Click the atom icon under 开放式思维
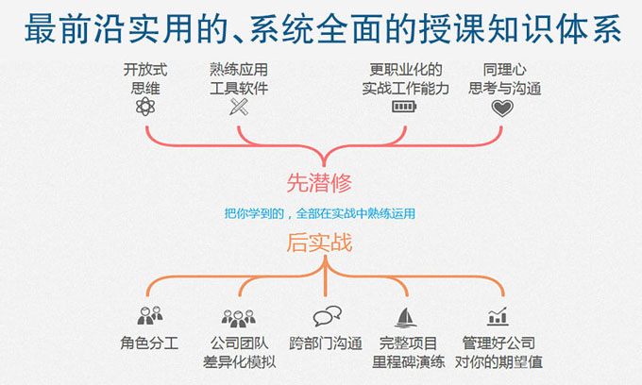145,107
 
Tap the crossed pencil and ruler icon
239,107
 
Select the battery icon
404,107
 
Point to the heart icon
502,108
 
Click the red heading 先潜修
319,183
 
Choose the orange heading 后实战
319,243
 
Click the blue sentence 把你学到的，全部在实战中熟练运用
320,213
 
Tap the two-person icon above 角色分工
150,315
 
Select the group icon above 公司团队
239,318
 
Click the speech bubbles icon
328,316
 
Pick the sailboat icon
405,317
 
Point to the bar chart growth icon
498,316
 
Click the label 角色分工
149,343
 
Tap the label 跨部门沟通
326,343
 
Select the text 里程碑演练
408,361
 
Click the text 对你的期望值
498,361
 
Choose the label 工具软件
239,88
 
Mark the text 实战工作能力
405,88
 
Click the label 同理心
505,70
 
